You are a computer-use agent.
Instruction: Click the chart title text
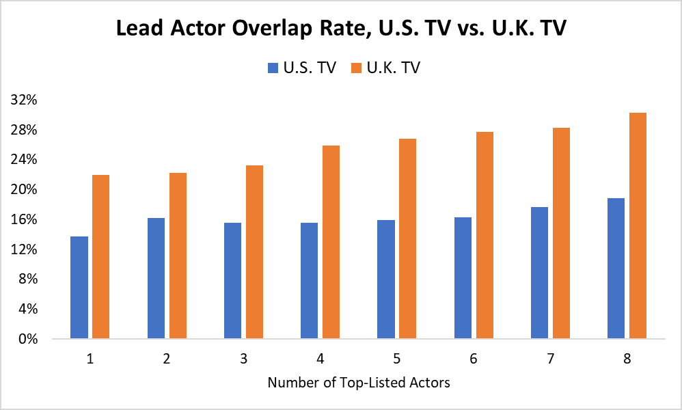(x=340, y=29)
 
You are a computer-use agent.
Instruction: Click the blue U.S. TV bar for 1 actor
(x=79, y=287)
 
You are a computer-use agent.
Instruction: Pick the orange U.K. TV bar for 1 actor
(x=100, y=256)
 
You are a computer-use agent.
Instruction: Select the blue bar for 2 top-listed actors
(x=156, y=278)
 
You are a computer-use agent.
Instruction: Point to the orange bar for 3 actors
(x=254, y=251)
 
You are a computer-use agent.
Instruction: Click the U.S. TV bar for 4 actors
(x=309, y=280)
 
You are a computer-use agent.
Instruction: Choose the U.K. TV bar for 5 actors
(x=407, y=238)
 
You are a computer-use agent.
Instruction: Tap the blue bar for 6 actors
(x=463, y=277)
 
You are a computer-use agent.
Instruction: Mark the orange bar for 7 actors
(x=561, y=233)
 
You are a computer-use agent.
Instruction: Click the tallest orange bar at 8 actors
(x=638, y=225)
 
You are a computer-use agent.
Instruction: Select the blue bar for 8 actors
(x=616, y=268)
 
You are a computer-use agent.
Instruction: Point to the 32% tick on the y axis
(x=24, y=100)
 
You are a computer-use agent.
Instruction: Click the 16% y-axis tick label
(x=24, y=219)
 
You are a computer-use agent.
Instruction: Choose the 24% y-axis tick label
(x=24, y=159)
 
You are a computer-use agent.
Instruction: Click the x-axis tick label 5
(x=397, y=358)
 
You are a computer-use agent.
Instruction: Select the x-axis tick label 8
(x=627, y=358)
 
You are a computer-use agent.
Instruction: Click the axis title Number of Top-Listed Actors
(x=359, y=383)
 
